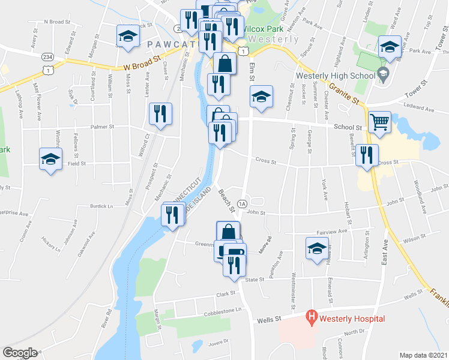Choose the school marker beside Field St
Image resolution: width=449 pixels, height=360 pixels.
pyautogui.click(x=51, y=159)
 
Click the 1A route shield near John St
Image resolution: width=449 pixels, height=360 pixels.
pyautogui.click(x=243, y=204)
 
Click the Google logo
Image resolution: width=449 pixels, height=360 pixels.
pyautogui.click(x=20, y=353)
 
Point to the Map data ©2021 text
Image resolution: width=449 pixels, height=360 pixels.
pyautogui.click(x=424, y=355)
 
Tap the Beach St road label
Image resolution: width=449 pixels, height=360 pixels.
pyautogui.click(x=226, y=201)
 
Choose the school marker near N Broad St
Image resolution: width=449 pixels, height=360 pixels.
pyautogui.click(x=128, y=36)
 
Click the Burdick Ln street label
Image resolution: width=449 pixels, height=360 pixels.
pyautogui.click(x=101, y=206)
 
